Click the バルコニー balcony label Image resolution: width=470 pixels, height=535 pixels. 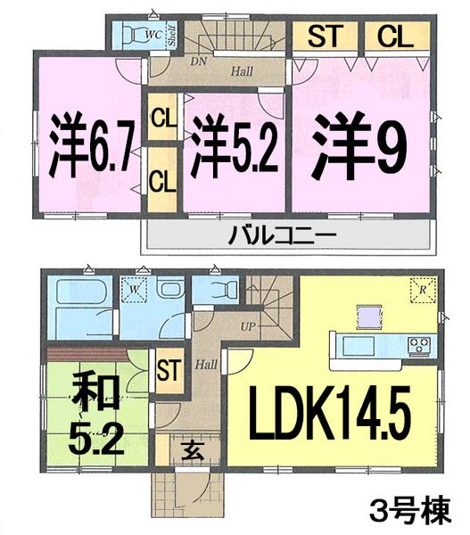[288, 236]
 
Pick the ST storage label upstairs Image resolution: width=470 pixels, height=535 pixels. [326, 37]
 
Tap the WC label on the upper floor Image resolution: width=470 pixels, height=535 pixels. [153, 36]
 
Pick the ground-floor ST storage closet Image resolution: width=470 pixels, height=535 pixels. [167, 369]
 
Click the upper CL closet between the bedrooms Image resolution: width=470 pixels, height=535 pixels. [161, 116]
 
